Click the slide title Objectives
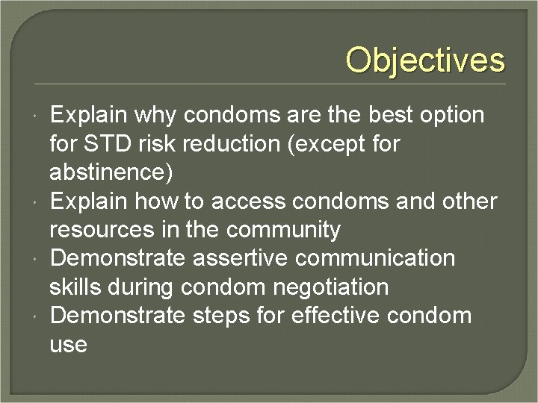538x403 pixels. pyautogui.click(x=425, y=60)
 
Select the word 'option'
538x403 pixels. pyautogui.click(x=451, y=116)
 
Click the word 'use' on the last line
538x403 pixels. pyautogui.click(x=68, y=345)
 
